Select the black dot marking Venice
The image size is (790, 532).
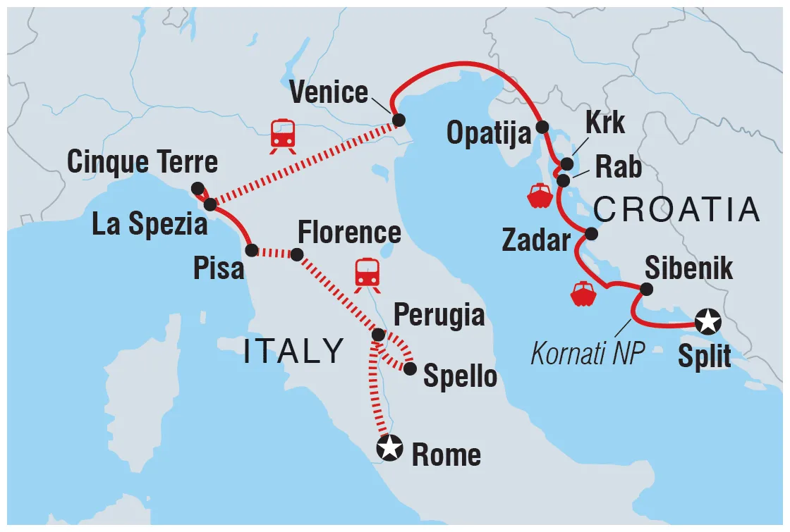click(x=399, y=120)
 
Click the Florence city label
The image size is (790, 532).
click(x=349, y=232)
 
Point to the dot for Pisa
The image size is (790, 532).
click(x=250, y=249)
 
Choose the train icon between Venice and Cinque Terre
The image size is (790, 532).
click(x=282, y=135)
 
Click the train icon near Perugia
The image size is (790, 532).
click(x=367, y=273)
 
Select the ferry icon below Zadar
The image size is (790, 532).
click(x=583, y=294)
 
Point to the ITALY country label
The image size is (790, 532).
click(x=293, y=351)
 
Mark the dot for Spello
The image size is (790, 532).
click(x=410, y=367)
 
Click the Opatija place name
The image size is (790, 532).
click(x=487, y=132)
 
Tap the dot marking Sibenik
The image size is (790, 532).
click(x=645, y=289)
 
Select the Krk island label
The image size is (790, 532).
click(x=605, y=123)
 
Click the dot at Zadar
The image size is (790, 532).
click(x=591, y=233)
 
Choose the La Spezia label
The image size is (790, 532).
click(x=150, y=225)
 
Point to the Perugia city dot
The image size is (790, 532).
click(x=378, y=335)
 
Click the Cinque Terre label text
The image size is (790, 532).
click(x=142, y=163)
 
